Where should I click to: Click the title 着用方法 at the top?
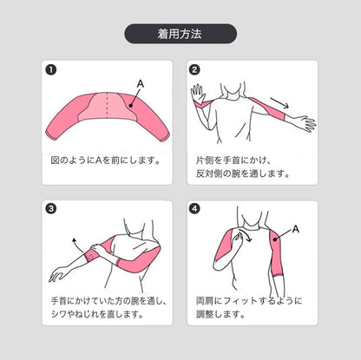tap(180, 34)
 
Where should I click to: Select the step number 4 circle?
tap(194, 209)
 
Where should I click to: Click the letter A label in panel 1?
tap(140, 83)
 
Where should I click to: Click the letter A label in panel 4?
tap(296, 229)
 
